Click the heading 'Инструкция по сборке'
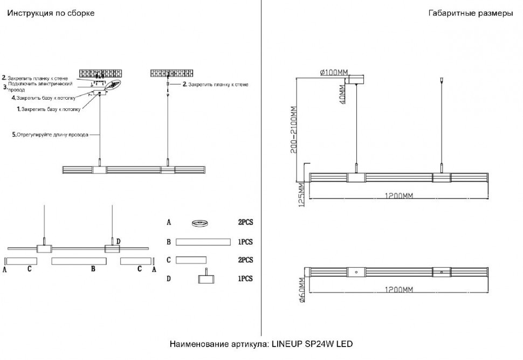pyautogui.click(x=51, y=13)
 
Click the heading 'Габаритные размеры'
pyautogui.click(x=471, y=13)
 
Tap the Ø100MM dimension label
pyautogui.click(x=334, y=72)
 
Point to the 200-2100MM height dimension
pyautogui.click(x=294, y=130)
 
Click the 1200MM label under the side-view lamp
pyautogui.click(x=400, y=197)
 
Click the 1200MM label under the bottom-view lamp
pyautogui.click(x=400, y=290)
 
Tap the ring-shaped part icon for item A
pyautogui.click(x=201, y=223)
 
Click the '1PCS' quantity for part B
pyautogui.click(x=245, y=243)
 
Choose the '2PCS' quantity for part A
pyautogui.click(x=245, y=222)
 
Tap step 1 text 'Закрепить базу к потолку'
pyautogui.click(x=50, y=109)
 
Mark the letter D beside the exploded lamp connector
pyautogui.click(x=118, y=241)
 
